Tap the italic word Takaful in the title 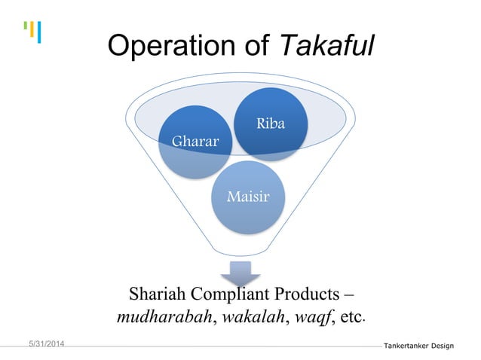coord(327,46)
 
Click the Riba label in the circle coord(270,124)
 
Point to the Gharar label coord(195,141)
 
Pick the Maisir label coord(248,197)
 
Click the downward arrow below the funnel coord(240,273)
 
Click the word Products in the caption coord(303,293)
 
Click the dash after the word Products coord(350,293)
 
